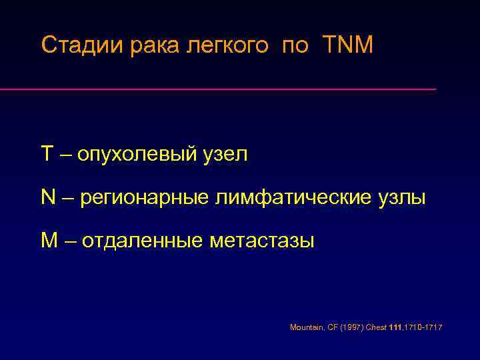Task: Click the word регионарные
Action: click(x=147, y=197)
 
